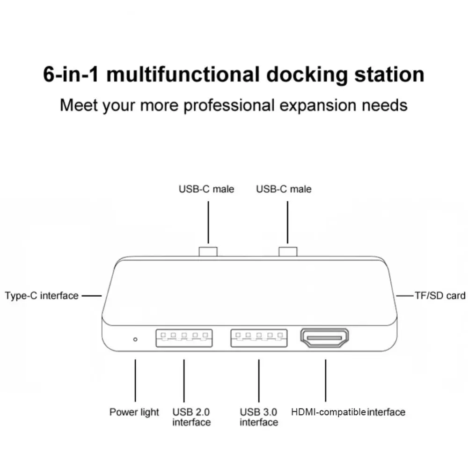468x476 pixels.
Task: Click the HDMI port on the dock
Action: click(x=324, y=337)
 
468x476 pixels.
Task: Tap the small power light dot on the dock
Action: click(x=135, y=339)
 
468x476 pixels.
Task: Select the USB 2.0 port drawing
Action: click(x=184, y=338)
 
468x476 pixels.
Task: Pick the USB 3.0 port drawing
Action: click(x=259, y=338)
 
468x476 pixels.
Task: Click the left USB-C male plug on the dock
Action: click(x=208, y=252)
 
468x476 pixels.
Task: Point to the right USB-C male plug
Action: click(x=288, y=252)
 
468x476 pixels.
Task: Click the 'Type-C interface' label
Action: click(x=42, y=296)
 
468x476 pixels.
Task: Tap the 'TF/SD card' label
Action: click(x=440, y=296)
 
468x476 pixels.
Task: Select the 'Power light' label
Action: click(x=134, y=412)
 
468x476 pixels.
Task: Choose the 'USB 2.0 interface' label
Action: click(x=191, y=417)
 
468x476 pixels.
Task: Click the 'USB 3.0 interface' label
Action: click(x=259, y=417)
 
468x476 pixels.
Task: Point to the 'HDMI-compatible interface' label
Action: click(x=348, y=412)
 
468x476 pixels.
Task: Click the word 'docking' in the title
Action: click(x=307, y=75)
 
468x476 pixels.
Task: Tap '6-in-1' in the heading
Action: click(x=71, y=74)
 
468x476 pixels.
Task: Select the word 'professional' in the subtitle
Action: click(x=229, y=106)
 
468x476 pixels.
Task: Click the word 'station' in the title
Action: click(x=389, y=74)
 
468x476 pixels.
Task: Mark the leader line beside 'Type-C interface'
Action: click(x=92, y=296)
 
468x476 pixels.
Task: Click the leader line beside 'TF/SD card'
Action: click(x=405, y=296)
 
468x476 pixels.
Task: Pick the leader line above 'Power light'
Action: click(x=135, y=381)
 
